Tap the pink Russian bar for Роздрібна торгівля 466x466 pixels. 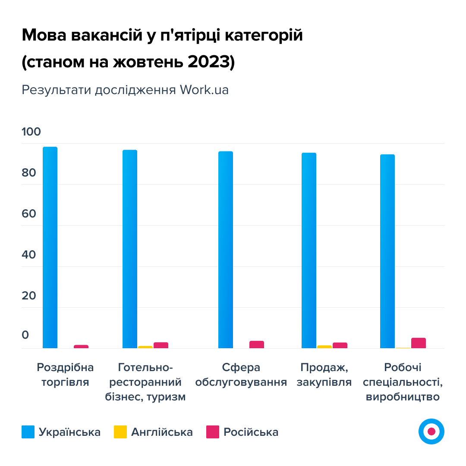(81, 346)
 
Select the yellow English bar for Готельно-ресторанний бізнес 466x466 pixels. (145, 347)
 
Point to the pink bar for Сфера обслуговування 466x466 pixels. (257, 344)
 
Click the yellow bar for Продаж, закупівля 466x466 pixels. (324, 346)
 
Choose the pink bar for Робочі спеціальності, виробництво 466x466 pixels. (419, 343)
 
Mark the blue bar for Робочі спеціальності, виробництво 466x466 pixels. (387, 251)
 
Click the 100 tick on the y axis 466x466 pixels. (31, 132)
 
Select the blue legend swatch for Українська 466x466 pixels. (28, 432)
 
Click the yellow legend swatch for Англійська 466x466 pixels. (120, 432)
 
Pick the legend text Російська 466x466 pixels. (251, 432)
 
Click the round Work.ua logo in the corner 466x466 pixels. (431, 431)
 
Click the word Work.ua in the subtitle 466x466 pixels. (204, 90)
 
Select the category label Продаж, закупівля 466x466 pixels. (324, 375)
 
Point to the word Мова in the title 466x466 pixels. (43, 35)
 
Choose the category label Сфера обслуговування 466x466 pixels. (241, 375)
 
